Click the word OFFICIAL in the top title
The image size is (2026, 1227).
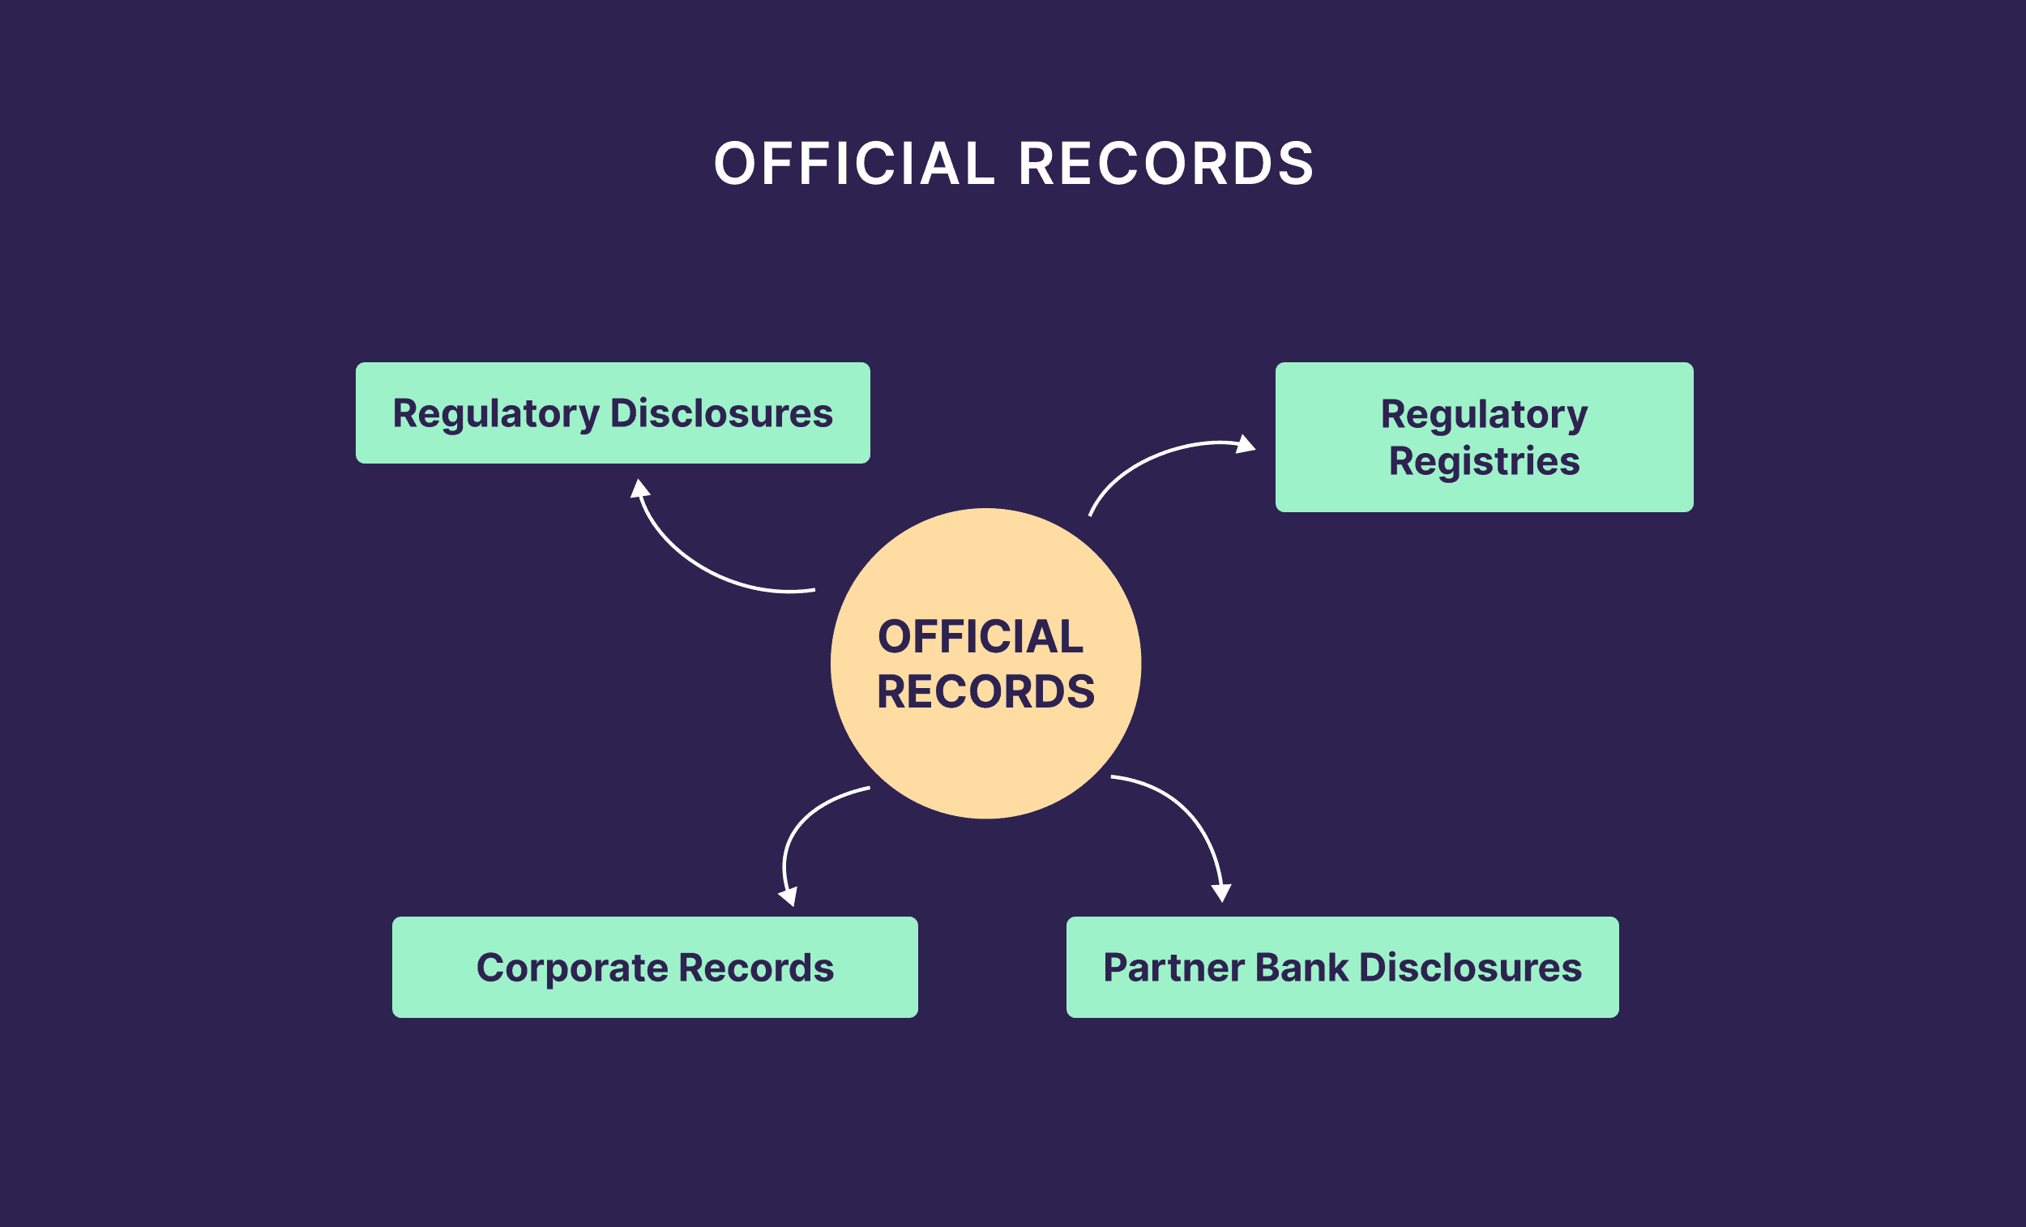[853, 163]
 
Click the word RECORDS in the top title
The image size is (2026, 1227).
[1166, 163]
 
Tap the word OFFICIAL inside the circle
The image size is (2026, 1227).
[980, 637]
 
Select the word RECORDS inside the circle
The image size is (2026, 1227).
[985, 691]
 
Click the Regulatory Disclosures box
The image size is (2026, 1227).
[613, 413]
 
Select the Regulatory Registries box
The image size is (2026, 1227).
[1483, 438]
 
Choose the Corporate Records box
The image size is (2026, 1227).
[655, 967]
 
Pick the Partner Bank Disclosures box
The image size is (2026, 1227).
[1342, 967]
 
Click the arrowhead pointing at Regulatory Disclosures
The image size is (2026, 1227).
[639, 489]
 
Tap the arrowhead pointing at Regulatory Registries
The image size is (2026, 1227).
[1246, 445]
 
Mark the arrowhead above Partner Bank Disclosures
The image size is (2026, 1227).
[1222, 892]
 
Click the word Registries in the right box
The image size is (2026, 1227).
[1483, 461]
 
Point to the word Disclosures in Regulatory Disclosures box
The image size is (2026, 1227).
[721, 413]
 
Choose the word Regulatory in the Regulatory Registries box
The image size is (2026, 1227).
[1483, 413]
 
